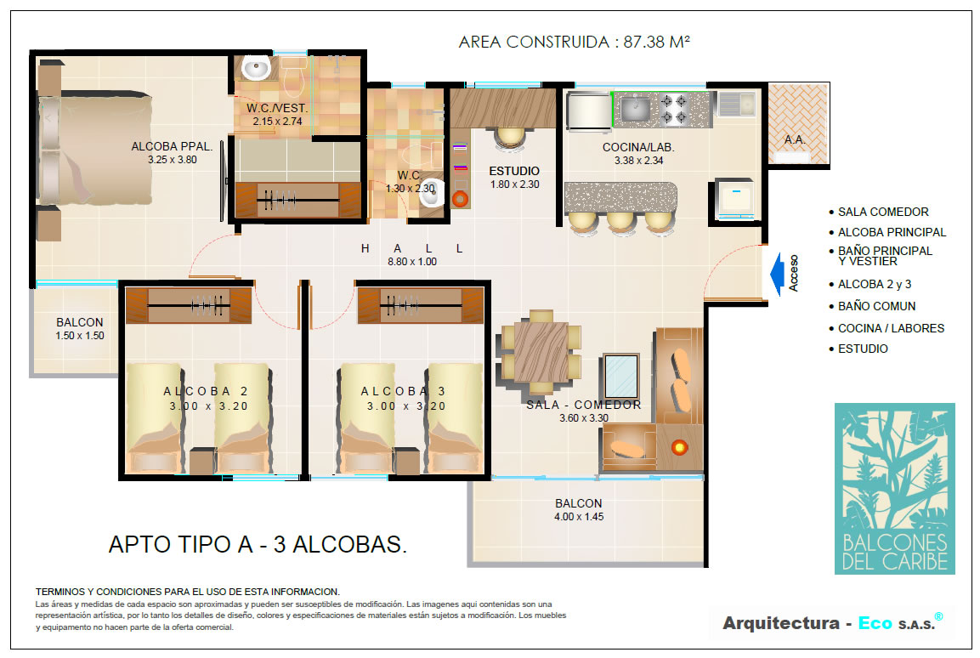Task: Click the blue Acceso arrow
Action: [x=777, y=273]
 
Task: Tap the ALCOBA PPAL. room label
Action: [x=172, y=146]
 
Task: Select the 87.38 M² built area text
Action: [x=656, y=42]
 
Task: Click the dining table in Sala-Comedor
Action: [x=541, y=351]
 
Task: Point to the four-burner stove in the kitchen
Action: [x=674, y=109]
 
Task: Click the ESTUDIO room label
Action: [x=514, y=171]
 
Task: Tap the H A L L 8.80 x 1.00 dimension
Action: [x=412, y=262]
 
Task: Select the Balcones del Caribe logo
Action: [x=894, y=489]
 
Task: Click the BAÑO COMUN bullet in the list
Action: [x=876, y=306]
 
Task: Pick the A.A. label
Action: [x=795, y=139]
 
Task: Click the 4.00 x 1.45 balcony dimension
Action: [x=579, y=517]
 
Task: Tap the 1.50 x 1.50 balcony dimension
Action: [x=79, y=336]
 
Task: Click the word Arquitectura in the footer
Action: [x=781, y=623]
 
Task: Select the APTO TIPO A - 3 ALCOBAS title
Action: [x=258, y=544]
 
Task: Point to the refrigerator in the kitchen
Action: [x=589, y=112]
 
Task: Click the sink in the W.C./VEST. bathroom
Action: [x=256, y=68]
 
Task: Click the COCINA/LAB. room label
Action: [x=638, y=147]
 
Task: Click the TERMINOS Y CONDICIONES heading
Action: [x=188, y=591]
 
